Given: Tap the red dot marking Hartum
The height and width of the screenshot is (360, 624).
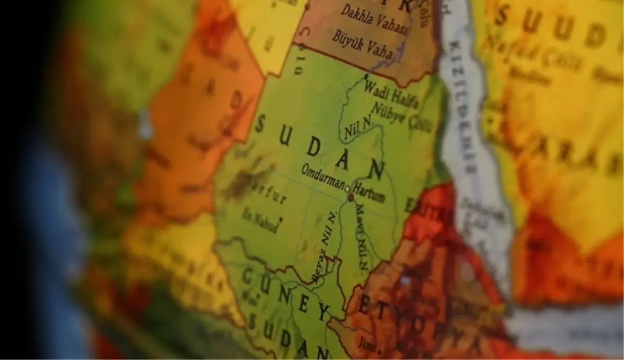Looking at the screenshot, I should pos(351,198).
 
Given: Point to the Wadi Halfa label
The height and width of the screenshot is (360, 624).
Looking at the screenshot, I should pos(391,93).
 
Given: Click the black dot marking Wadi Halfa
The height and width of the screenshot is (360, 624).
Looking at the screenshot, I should pos(366,76).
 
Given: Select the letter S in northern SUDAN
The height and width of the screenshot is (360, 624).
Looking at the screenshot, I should pos(260,124).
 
